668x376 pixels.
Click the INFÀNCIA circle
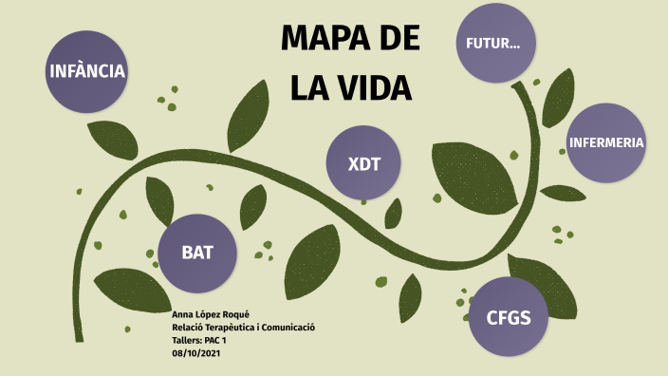coord(87,70)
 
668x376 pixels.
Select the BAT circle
coord(197,253)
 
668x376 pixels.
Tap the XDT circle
coord(364,163)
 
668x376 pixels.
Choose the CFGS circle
coord(509,317)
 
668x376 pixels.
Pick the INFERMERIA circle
coord(606,143)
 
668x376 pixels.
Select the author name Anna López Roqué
coord(212,314)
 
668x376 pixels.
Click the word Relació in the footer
coord(188,328)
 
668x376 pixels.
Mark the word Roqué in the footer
coord(236,314)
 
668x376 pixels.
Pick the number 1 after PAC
coord(224,340)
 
